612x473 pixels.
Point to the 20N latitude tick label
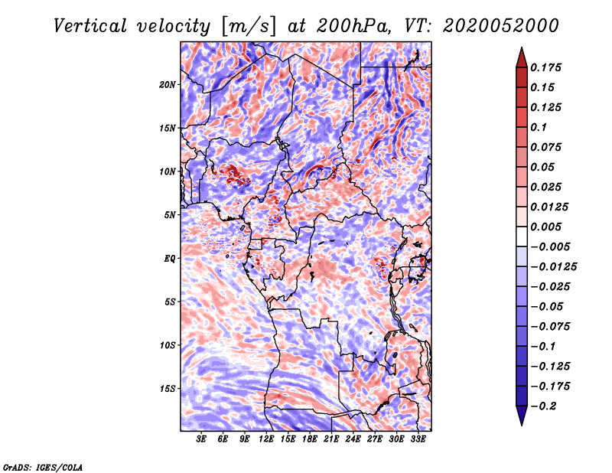click(168, 84)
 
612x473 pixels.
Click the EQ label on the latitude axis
click(170, 259)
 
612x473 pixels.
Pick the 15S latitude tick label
click(168, 389)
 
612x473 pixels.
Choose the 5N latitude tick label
click(170, 215)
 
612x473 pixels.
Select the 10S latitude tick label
click(168, 345)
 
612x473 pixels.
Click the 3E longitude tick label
click(202, 440)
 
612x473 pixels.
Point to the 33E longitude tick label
click(418, 440)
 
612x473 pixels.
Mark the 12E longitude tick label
click(267, 440)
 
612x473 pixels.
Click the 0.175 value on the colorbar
click(549, 67)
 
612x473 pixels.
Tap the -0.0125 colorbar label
click(555, 266)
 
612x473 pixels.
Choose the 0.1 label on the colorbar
click(540, 127)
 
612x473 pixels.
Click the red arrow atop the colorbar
click(521, 55)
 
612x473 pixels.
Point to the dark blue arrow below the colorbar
click(521, 416)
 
